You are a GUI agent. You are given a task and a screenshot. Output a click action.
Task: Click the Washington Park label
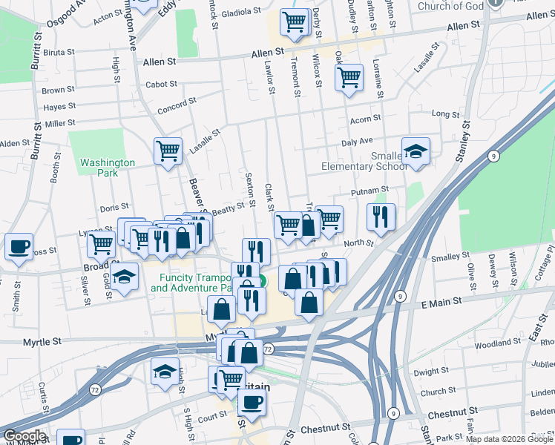[108, 168]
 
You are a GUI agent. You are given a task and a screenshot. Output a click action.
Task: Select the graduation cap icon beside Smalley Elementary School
[416, 150]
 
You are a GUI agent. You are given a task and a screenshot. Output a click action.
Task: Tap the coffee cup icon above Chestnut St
[252, 403]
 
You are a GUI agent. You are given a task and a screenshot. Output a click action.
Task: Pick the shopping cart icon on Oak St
[349, 76]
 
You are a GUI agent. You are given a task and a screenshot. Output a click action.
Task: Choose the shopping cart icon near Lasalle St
[168, 151]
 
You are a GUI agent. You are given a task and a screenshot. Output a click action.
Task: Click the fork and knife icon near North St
[381, 216]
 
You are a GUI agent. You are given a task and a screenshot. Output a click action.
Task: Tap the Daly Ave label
[357, 141]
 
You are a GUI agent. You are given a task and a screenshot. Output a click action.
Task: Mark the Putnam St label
[365, 191]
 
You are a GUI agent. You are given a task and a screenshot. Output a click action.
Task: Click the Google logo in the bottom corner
[24, 436]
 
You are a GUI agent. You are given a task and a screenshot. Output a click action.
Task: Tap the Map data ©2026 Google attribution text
[509, 439]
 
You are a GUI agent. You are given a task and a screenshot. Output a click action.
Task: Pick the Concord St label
[177, 104]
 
